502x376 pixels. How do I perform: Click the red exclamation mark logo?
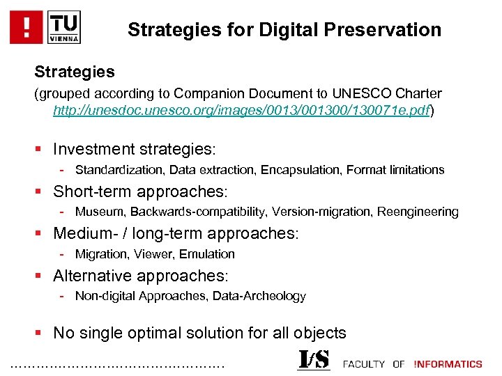(26, 27)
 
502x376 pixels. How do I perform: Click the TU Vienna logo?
(64, 27)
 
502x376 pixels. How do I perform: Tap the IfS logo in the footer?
(314, 361)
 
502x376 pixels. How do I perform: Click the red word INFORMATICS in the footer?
(448, 364)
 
